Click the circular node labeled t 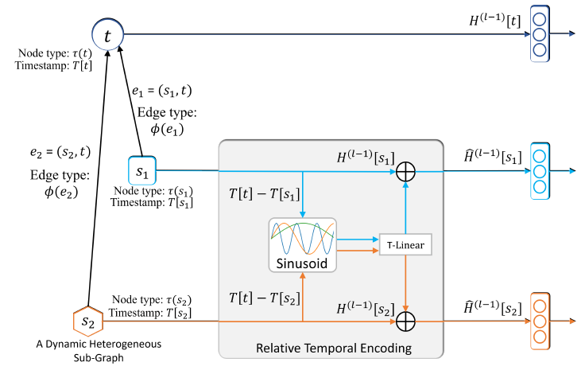point(107,34)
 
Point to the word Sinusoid point(303,259)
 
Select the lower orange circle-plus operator point(406,321)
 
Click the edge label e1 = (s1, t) point(167,93)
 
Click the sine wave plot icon point(303,235)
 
